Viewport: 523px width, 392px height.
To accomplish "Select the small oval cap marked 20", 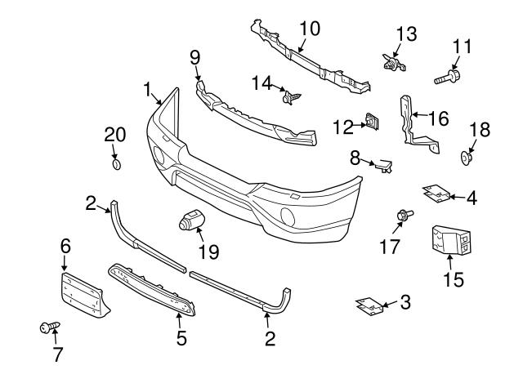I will tap(115, 165).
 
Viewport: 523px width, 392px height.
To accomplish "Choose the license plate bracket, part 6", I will tap(83, 294).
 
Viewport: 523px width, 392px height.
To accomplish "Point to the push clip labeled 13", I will tap(391, 60).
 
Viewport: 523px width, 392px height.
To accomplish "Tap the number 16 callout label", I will tap(438, 118).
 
